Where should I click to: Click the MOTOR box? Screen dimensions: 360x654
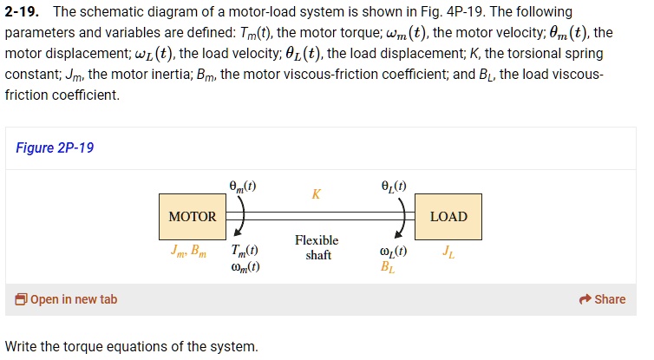pos(193,216)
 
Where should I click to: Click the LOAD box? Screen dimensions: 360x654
pos(448,216)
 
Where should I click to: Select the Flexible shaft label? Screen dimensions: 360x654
pos(317,247)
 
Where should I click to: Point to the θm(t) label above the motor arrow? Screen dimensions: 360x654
pos(242,185)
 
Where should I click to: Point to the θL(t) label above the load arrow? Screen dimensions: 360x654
pos(394,185)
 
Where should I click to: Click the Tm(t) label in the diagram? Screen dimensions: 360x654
pos(245,252)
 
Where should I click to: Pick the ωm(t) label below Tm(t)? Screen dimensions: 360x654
pos(245,267)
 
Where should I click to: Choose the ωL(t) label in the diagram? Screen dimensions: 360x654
pos(394,252)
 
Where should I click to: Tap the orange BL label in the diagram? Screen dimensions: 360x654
pos(387,267)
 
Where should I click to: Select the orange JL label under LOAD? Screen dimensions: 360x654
pos(447,252)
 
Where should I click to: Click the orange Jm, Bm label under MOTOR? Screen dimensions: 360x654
pos(188,252)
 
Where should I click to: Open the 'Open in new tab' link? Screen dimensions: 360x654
pos(66,299)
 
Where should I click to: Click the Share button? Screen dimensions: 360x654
pos(602,299)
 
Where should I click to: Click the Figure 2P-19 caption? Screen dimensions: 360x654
pos(55,147)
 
